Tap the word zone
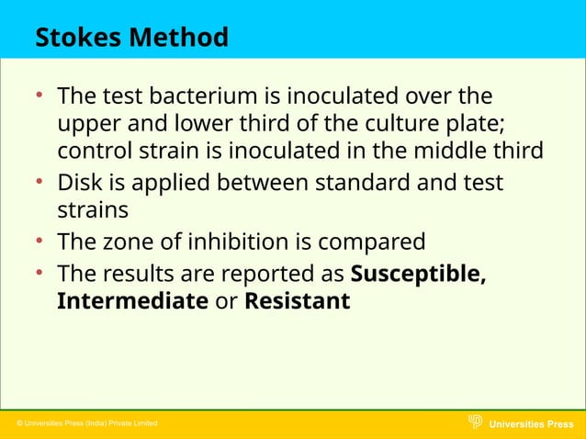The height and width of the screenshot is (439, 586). coord(135,242)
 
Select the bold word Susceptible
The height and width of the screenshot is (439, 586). coord(419,275)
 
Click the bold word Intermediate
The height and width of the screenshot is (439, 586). coord(132,300)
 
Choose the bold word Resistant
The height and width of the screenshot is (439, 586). coord(297,300)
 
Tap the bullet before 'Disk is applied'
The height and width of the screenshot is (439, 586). coord(39,183)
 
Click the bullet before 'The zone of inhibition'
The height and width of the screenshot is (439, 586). coord(39,242)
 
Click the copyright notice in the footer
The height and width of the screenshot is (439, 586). coord(87,423)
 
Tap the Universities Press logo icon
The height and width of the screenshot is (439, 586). coord(475,422)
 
